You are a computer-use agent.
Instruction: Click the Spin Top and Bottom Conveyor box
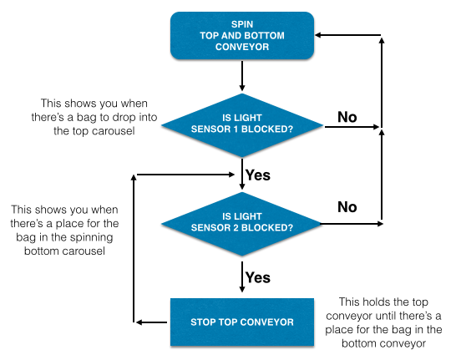click(x=242, y=36)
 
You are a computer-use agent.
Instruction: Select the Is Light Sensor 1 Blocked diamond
click(x=242, y=125)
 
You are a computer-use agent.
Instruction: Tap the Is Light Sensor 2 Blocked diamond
click(x=242, y=224)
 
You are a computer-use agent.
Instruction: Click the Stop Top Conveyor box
click(x=242, y=322)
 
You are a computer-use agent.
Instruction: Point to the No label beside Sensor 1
click(x=347, y=117)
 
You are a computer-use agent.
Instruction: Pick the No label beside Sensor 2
click(x=347, y=207)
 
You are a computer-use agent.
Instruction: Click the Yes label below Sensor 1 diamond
click(x=258, y=175)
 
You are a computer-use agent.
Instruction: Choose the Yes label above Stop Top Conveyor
click(x=258, y=277)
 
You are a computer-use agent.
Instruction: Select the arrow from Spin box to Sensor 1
click(x=242, y=76)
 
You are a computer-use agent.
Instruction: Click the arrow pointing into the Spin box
click(x=347, y=35)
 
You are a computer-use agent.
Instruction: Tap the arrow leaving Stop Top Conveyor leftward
click(x=151, y=322)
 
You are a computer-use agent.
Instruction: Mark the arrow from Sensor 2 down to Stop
click(x=242, y=276)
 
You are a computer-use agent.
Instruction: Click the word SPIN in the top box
click(x=242, y=24)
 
